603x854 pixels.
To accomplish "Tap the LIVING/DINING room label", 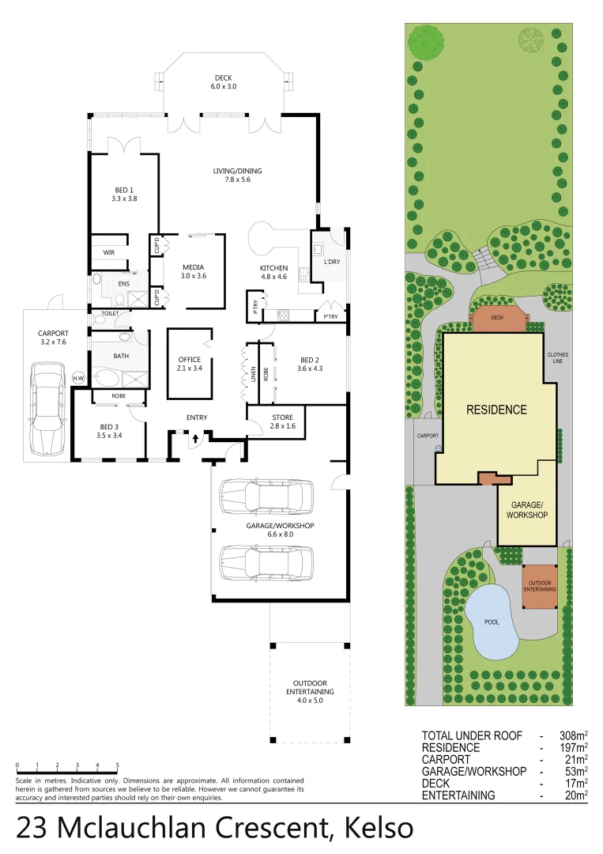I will tap(237, 175).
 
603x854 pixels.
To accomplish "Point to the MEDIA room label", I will tap(194, 271).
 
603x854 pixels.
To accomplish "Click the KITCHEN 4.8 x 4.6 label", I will tap(273, 273).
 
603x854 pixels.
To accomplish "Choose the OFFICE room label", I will tap(190, 364).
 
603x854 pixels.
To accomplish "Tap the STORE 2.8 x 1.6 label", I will tap(282, 421).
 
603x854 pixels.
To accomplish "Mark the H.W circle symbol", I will tap(78, 378).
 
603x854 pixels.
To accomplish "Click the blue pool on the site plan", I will tap(492, 622).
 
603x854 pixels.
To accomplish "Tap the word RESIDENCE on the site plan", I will tap(496, 410).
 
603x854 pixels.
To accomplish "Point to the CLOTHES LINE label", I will tap(557, 358).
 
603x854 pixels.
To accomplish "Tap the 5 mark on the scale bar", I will tap(117, 765).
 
